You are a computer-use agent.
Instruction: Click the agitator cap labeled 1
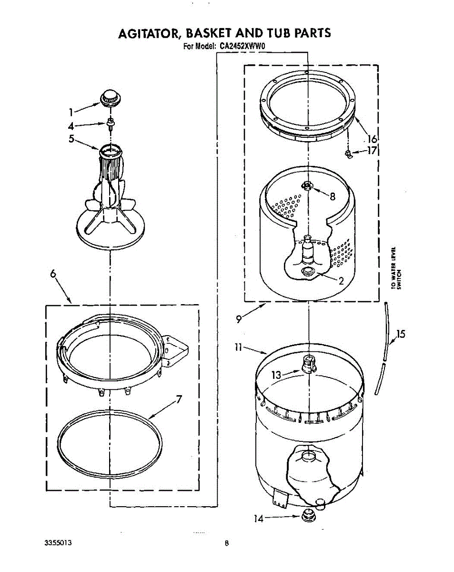[110, 97]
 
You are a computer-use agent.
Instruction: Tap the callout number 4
[71, 127]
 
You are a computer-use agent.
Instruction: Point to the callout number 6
[53, 274]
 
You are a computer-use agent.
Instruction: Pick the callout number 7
[179, 399]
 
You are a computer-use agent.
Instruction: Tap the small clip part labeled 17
[348, 153]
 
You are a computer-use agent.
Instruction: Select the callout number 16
[372, 139]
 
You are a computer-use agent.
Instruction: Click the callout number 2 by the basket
[341, 280]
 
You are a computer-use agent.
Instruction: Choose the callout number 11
[239, 348]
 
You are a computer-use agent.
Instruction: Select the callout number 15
[401, 334]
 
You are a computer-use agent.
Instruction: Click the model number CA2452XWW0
[242, 47]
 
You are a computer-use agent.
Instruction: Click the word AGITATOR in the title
[148, 33]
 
